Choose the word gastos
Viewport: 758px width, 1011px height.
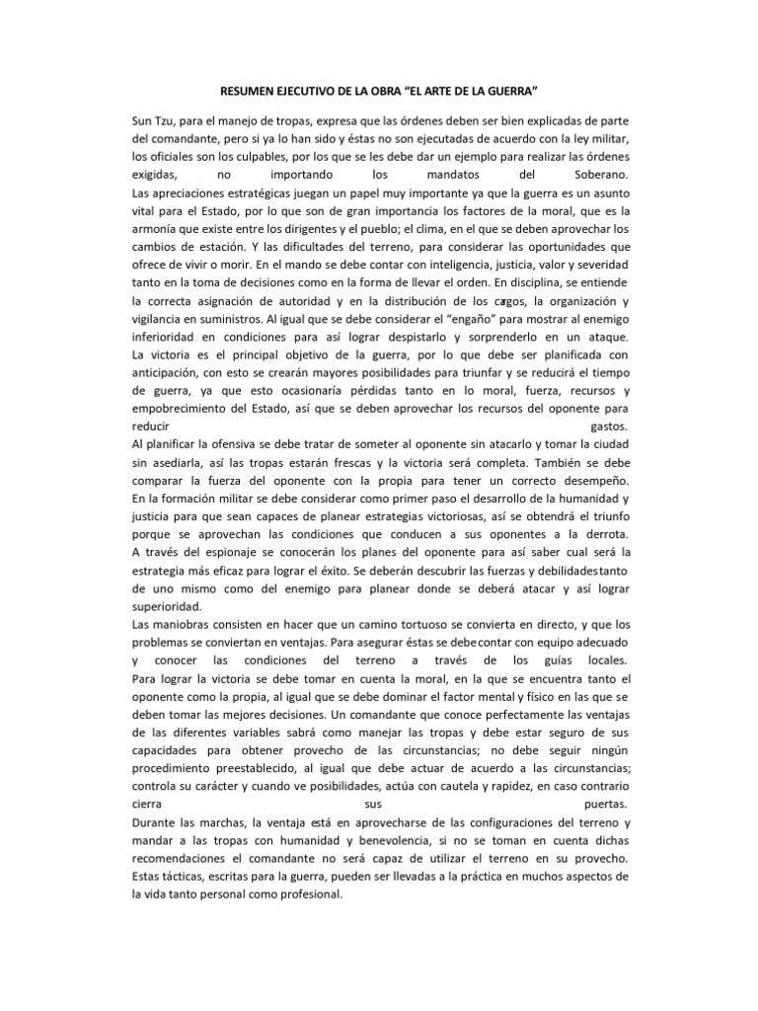(x=608, y=427)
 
